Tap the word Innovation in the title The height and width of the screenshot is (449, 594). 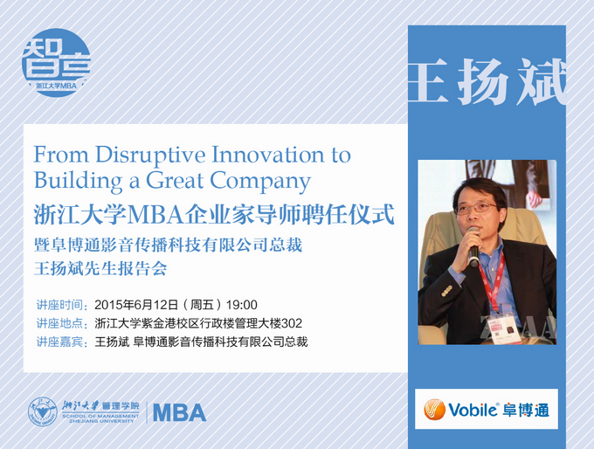[267, 155]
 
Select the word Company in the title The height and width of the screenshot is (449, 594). [260, 182]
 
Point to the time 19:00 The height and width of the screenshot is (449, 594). [242, 305]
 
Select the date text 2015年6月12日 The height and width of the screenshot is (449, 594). [136, 305]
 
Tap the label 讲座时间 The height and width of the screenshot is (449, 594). [60, 305]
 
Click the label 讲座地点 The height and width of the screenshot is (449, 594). [60, 323]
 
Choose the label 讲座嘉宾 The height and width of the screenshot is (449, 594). [60, 342]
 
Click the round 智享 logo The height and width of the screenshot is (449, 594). [57, 63]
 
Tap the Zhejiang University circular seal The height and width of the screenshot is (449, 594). [43, 411]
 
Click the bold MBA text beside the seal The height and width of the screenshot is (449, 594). [180, 412]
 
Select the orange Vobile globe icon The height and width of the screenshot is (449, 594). [434, 410]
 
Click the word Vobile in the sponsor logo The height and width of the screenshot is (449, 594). [473, 410]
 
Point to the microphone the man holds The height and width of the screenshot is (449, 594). [473, 248]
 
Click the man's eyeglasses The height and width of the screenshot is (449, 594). [477, 207]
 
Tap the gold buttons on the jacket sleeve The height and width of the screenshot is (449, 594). [446, 291]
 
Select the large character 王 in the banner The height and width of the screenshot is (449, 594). [427, 83]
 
